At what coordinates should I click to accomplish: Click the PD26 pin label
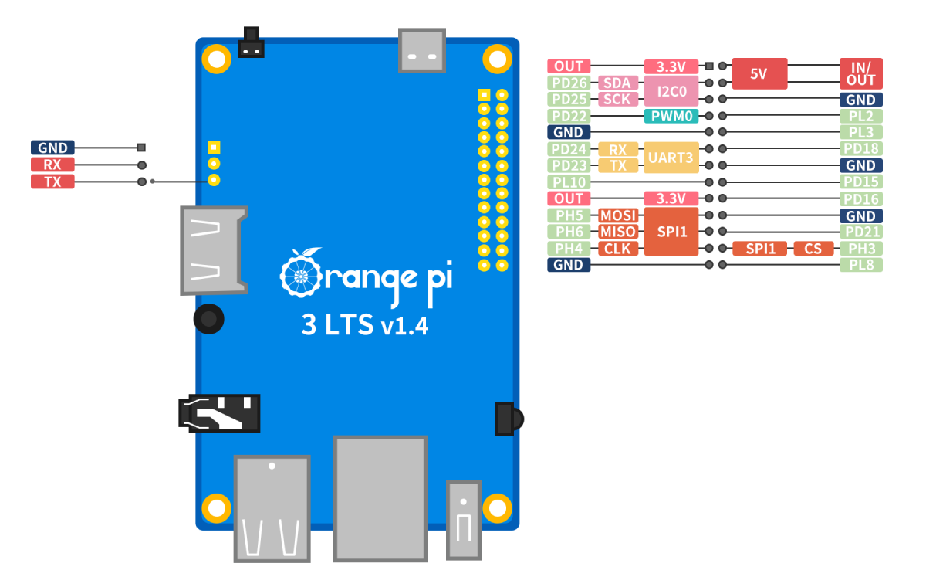[x=569, y=83]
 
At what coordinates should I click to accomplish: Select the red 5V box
[x=759, y=74]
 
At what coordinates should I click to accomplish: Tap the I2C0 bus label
[x=671, y=91]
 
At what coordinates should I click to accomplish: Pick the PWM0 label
[x=671, y=116]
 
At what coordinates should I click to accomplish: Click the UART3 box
[x=671, y=157]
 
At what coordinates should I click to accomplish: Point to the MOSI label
[x=618, y=215]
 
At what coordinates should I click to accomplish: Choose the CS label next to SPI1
[x=813, y=249]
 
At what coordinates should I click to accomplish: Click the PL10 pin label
[x=569, y=182]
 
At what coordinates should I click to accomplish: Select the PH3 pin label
[x=860, y=249]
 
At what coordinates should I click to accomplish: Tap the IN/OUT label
[x=860, y=74]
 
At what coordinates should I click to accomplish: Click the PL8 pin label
[x=860, y=265]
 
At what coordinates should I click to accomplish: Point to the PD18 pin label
[x=860, y=148]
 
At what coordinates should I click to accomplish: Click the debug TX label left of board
[x=52, y=182]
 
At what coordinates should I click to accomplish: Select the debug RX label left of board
[x=52, y=165]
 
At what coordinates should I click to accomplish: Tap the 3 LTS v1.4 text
[x=364, y=325]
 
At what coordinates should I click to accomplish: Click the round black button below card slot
[x=208, y=318]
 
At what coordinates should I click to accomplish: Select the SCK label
[x=618, y=99]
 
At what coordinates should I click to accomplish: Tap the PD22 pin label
[x=569, y=116]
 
